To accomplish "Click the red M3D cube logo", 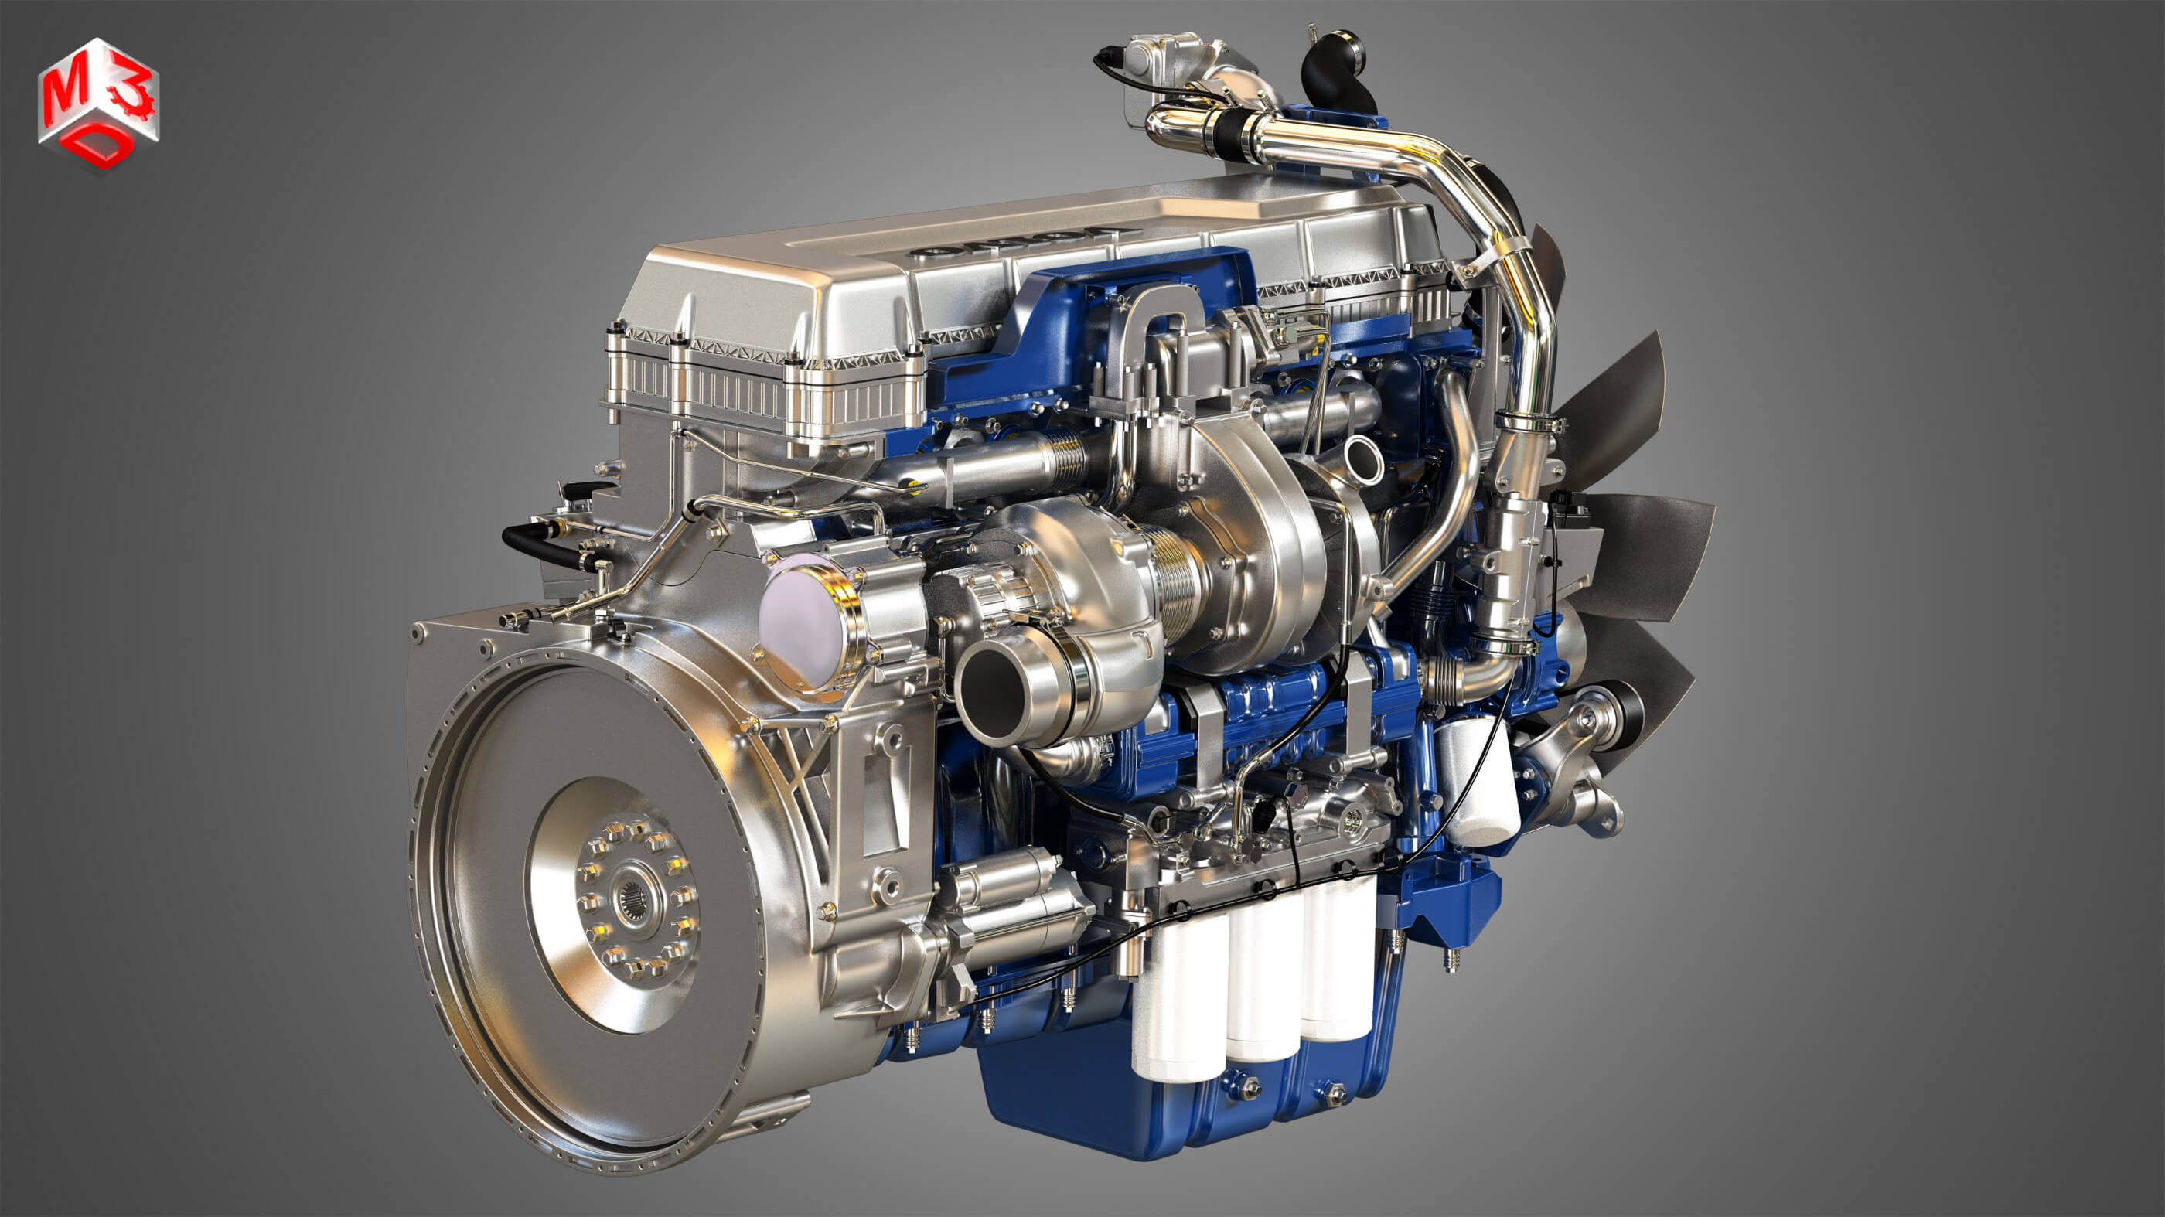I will click(x=98, y=103).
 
